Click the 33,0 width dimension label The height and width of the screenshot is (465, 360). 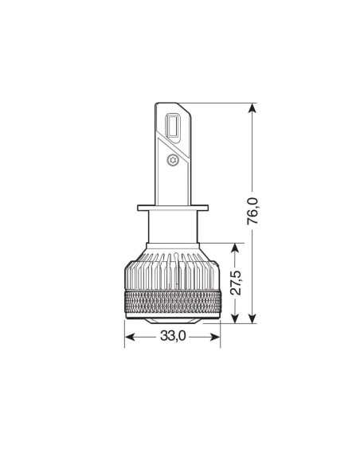coord(172,337)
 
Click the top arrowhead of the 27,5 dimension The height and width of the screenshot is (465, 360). coord(235,247)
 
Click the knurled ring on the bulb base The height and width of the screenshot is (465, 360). coord(173,302)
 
